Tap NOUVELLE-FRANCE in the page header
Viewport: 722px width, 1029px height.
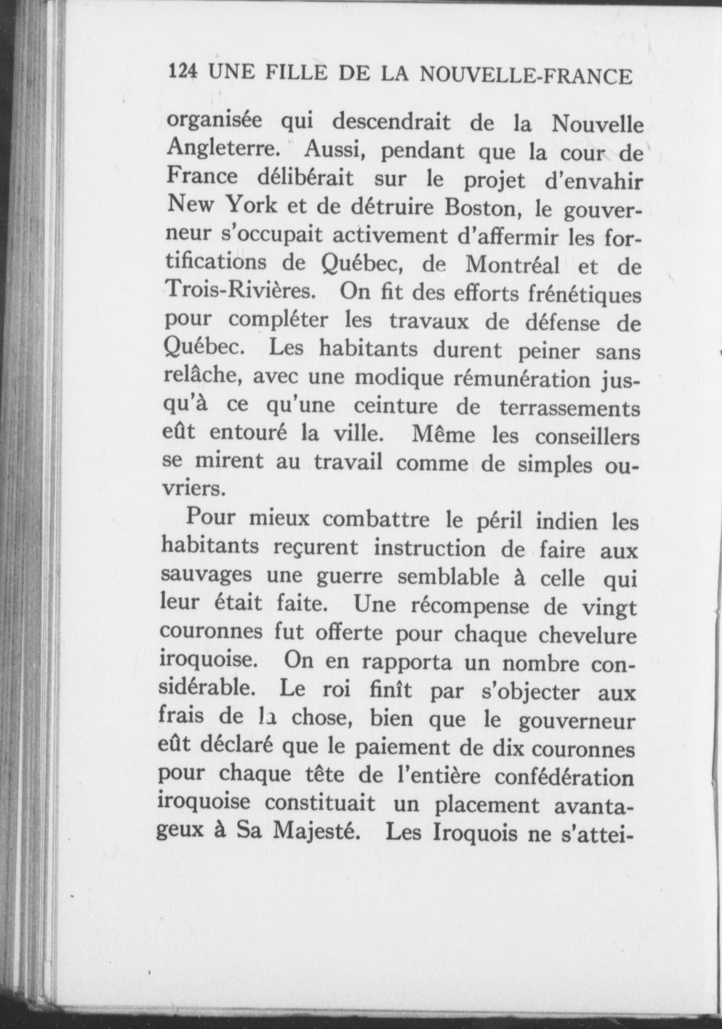(525, 76)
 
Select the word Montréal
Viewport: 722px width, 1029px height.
(512, 265)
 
